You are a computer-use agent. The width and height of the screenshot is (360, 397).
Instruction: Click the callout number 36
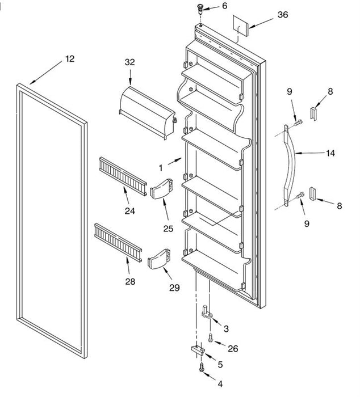(283, 15)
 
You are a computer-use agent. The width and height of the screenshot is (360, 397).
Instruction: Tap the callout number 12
(70, 59)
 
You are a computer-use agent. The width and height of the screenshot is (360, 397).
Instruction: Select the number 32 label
(130, 62)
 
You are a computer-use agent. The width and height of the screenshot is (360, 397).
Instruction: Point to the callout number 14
(330, 153)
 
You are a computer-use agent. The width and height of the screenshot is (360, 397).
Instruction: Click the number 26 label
(233, 349)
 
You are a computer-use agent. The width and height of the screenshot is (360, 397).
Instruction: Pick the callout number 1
(161, 168)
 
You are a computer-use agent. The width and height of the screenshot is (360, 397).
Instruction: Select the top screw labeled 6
(200, 8)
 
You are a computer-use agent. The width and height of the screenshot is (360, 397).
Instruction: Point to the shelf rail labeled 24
(123, 176)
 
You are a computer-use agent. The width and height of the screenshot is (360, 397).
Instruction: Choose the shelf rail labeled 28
(118, 242)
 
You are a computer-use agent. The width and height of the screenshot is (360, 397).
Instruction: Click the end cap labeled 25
(161, 189)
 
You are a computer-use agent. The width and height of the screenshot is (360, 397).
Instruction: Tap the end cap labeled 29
(159, 259)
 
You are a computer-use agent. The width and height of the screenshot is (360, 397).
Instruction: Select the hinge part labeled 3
(208, 312)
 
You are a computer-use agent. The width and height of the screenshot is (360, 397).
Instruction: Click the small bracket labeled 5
(198, 350)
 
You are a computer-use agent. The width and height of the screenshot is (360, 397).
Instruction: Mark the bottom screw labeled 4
(202, 367)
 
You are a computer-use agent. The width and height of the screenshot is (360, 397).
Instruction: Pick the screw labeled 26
(211, 337)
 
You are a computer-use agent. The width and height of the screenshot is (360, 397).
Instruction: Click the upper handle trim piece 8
(313, 113)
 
